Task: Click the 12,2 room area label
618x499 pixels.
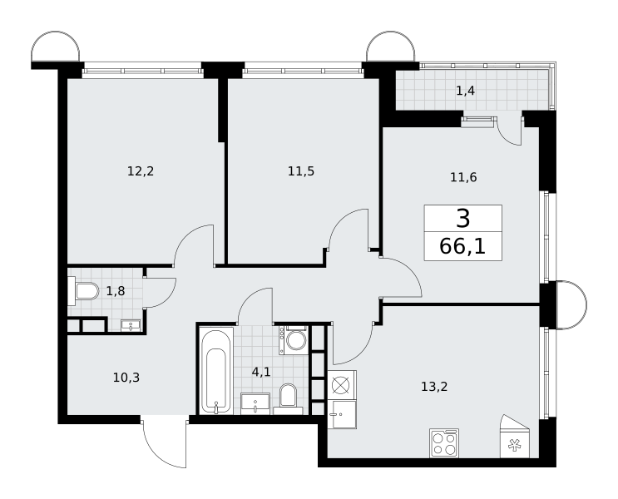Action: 141,171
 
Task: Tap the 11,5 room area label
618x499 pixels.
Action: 301,171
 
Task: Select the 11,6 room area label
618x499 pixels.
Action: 463,177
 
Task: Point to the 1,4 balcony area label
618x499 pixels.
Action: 466,91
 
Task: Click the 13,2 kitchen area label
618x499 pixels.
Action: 434,387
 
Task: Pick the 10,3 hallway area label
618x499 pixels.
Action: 126,378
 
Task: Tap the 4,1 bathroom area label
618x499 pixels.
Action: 261,371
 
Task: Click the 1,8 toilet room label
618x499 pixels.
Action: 116,291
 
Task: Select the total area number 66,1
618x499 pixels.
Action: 462,247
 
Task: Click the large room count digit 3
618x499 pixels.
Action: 463,219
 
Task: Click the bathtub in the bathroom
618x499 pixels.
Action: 216,370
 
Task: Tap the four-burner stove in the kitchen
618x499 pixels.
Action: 445,443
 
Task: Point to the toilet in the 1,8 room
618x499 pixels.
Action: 83,291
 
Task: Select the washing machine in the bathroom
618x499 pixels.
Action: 294,340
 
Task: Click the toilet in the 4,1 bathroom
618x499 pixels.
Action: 288,399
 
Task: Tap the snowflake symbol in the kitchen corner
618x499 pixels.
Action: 514,446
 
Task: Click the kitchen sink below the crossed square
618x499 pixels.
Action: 342,414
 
